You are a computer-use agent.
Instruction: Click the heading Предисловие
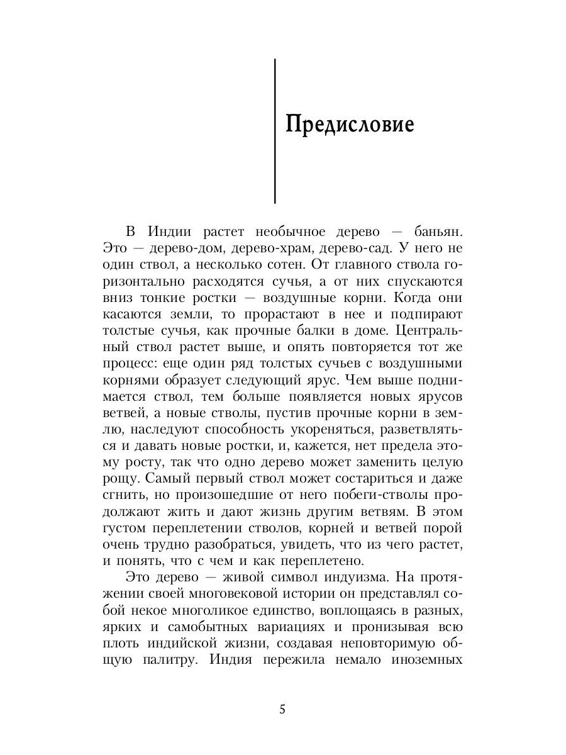350,124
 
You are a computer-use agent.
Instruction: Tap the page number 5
282,710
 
